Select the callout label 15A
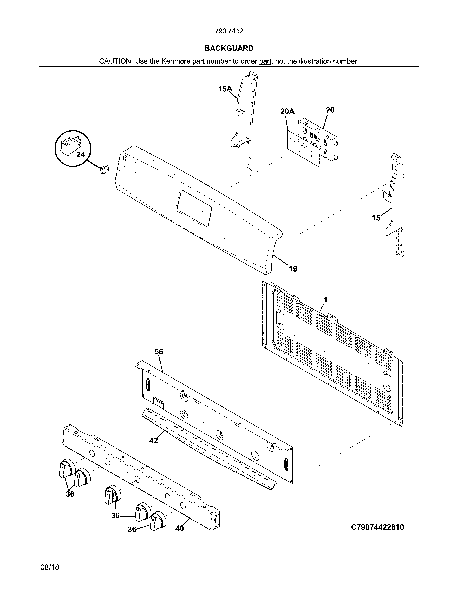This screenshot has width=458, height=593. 225,89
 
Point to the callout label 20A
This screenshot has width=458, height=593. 287,112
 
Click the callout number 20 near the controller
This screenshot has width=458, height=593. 330,110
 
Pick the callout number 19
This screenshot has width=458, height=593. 293,269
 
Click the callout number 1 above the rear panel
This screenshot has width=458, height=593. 325,300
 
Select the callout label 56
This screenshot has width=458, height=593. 159,352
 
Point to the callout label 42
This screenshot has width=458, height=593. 154,440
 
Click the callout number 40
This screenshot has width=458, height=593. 180,528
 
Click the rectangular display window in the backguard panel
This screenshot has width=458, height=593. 194,208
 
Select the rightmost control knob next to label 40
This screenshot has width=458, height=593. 158,521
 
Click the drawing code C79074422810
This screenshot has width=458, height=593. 377,527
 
